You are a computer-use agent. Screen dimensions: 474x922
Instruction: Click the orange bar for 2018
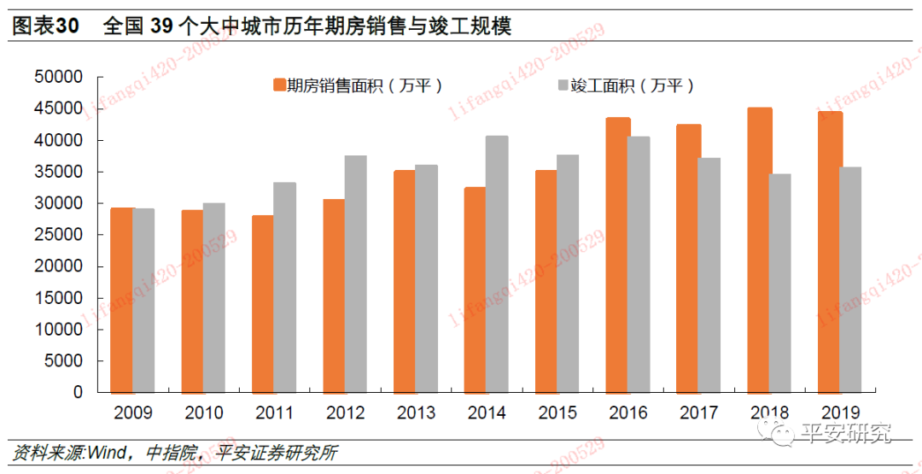(x=760, y=250)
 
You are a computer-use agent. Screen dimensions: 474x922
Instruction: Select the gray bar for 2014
(x=497, y=265)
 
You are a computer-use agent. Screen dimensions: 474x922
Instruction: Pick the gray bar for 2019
(x=850, y=280)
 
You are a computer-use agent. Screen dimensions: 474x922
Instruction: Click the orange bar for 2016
(x=618, y=255)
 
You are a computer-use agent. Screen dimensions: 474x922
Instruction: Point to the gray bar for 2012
(x=355, y=274)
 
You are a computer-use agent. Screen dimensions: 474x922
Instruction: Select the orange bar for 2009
(x=122, y=301)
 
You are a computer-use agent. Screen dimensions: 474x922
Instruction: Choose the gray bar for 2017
(x=709, y=275)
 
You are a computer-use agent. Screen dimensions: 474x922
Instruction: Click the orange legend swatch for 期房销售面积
(x=278, y=85)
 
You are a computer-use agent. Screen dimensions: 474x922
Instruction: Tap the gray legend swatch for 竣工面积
(x=562, y=85)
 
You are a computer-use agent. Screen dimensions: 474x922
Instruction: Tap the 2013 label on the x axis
(x=416, y=413)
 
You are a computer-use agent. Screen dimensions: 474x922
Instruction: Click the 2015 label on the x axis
(x=557, y=413)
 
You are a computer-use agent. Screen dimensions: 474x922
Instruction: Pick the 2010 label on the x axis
(x=203, y=413)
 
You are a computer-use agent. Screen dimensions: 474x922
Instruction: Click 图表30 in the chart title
(x=44, y=26)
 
